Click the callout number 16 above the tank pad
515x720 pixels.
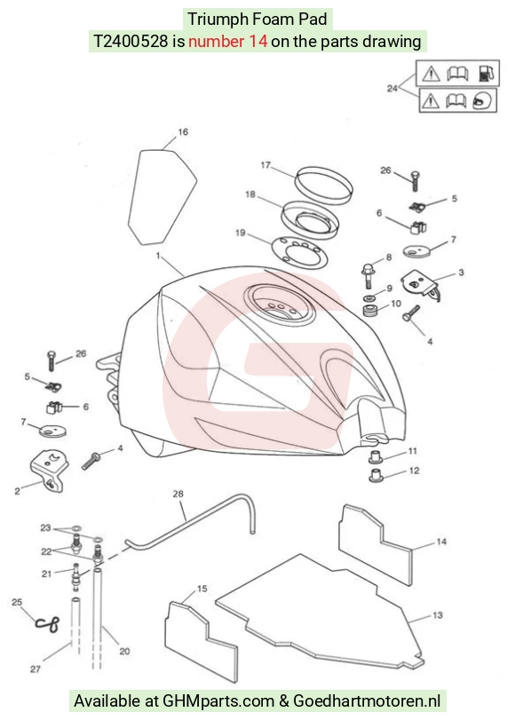183,132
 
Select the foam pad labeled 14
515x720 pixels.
375,544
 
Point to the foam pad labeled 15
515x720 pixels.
201,641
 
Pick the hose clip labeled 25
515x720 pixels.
48,623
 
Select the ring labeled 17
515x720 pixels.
324,184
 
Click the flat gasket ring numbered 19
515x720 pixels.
300,251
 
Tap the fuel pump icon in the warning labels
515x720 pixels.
487,73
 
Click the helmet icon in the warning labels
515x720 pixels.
483,100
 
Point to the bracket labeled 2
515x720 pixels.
49,471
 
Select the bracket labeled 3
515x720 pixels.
420,285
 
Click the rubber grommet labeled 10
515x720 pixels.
369,311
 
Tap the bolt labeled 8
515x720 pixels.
368,275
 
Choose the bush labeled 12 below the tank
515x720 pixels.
376,475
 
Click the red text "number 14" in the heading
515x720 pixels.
228,42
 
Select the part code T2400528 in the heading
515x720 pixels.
131,42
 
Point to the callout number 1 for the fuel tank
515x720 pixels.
158,256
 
